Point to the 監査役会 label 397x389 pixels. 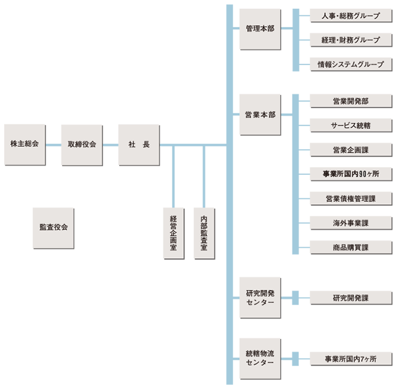53,226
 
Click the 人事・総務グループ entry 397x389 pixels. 351,16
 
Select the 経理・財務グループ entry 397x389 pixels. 351,40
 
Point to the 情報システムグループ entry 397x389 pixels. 351,64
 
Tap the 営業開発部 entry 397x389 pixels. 351,101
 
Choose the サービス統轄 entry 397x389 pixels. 351,126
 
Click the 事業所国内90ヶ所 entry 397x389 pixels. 351,174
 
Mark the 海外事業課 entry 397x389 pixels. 351,223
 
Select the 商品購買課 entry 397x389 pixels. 351,248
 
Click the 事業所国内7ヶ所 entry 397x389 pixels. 351,358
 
